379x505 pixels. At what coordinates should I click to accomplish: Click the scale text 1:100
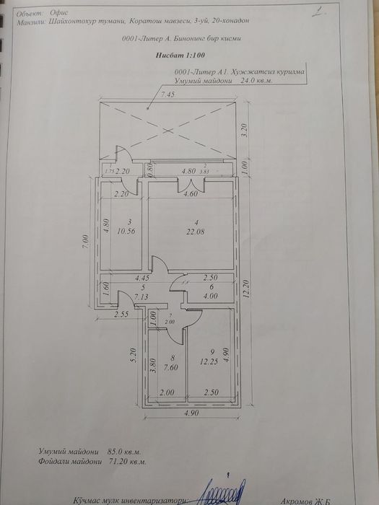[x=186, y=55]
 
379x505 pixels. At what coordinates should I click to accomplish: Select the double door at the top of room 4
[x=191, y=186]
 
